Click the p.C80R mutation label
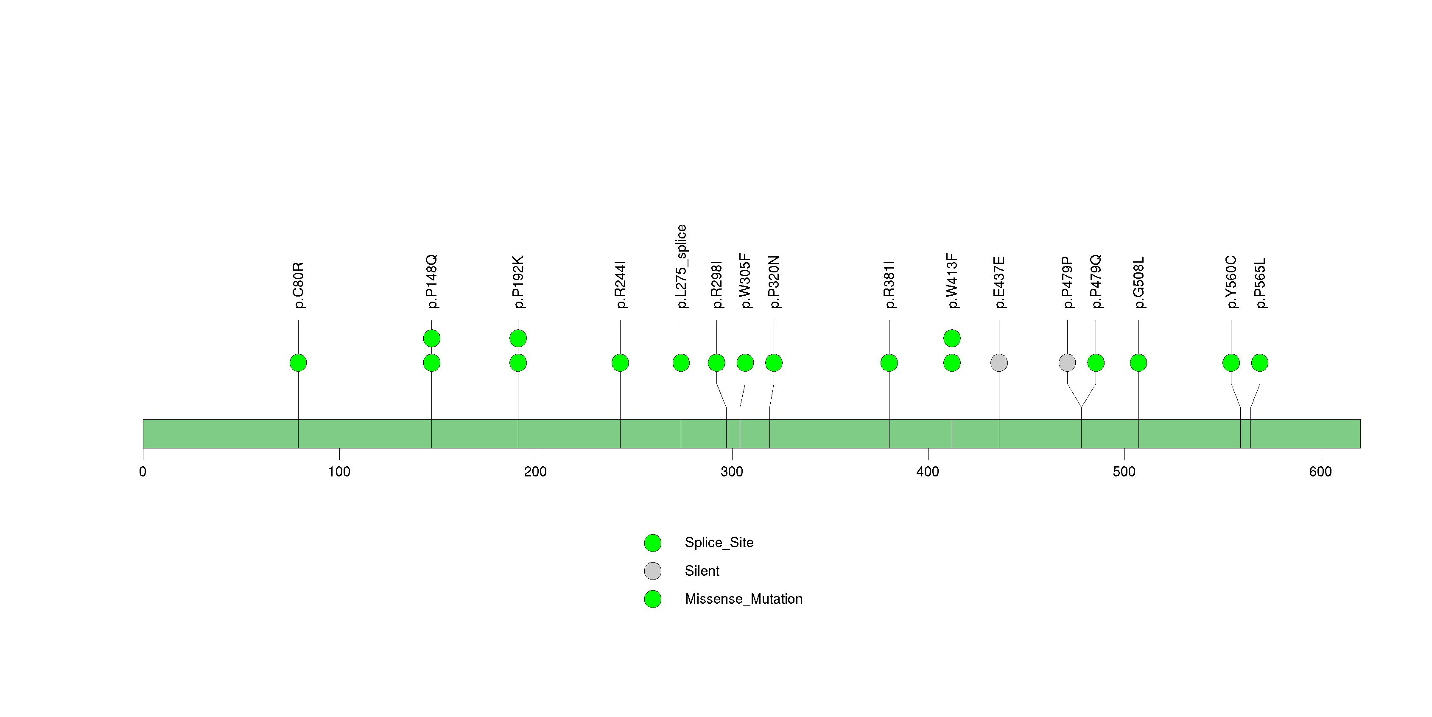click(x=299, y=285)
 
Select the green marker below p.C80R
click(x=299, y=363)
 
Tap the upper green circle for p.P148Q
click(x=432, y=338)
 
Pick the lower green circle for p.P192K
click(x=518, y=363)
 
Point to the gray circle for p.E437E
click(x=999, y=363)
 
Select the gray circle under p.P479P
click(x=1067, y=363)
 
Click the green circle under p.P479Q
click(x=1096, y=363)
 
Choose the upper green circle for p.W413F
click(x=952, y=338)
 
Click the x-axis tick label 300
click(x=732, y=472)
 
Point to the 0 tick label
click(x=143, y=472)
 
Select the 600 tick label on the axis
click(x=1320, y=472)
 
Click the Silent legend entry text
click(x=702, y=571)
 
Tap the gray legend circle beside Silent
click(x=653, y=571)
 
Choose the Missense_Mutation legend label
click(x=744, y=599)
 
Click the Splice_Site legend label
click(x=719, y=543)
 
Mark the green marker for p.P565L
click(x=1260, y=363)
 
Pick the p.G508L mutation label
click(x=1139, y=283)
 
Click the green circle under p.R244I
click(x=621, y=363)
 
